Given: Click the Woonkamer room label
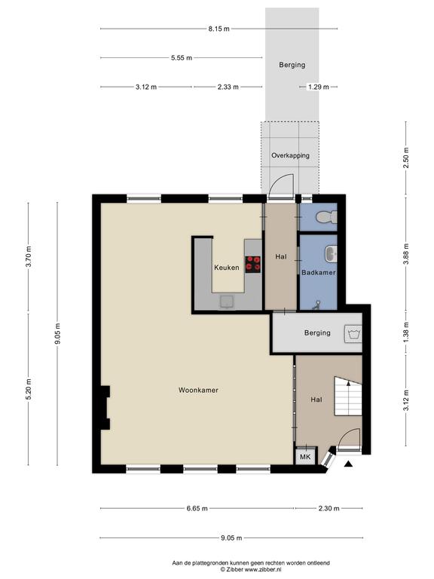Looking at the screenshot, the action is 198,390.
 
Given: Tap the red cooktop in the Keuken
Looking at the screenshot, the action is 253,265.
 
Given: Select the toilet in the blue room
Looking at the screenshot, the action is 326,216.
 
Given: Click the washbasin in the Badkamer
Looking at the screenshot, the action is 331,254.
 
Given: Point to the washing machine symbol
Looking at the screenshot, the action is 353,334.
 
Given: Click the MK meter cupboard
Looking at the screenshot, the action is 306,456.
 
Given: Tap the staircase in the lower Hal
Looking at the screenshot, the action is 348,397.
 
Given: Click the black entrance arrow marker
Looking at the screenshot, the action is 348,464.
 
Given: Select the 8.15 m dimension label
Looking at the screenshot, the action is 219,29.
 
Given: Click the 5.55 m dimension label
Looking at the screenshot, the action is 182,57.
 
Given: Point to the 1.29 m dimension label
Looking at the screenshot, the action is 319,87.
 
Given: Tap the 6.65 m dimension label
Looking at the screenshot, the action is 197,508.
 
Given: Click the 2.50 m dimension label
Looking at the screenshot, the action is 406,158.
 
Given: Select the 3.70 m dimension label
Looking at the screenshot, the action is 29,256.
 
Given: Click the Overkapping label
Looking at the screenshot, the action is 290,155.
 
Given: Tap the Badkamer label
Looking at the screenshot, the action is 319,272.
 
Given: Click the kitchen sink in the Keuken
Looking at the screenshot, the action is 227,302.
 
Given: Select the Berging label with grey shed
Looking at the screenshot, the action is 292,65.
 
